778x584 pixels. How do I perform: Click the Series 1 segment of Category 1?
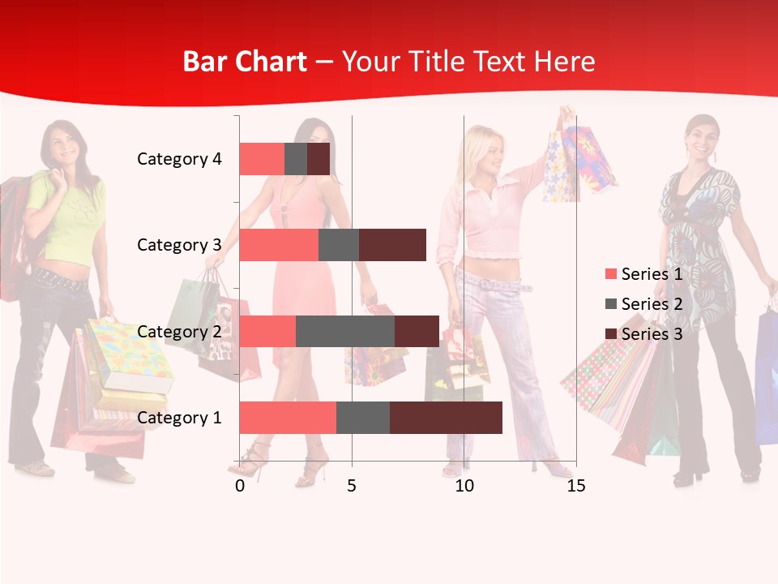pyautogui.click(x=287, y=418)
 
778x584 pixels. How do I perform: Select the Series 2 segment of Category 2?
pyautogui.click(x=345, y=331)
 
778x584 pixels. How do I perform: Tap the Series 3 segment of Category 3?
pyautogui.click(x=392, y=245)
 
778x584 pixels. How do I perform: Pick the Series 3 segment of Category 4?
pyautogui.click(x=318, y=159)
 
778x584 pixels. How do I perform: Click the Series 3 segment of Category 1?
pyautogui.click(x=446, y=418)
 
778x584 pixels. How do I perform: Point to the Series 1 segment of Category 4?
pyautogui.click(x=262, y=159)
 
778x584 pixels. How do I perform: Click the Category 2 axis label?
pyautogui.click(x=179, y=331)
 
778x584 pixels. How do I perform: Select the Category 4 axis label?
pyautogui.click(x=179, y=159)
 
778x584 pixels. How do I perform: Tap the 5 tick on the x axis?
pyautogui.click(x=352, y=486)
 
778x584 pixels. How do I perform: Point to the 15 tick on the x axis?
pyautogui.click(x=576, y=486)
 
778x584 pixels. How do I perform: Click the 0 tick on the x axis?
pyautogui.click(x=240, y=486)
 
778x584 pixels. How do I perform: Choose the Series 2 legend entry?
pyautogui.click(x=643, y=304)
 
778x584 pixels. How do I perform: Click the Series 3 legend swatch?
pyautogui.click(x=610, y=334)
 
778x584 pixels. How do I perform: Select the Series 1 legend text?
pyautogui.click(x=652, y=274)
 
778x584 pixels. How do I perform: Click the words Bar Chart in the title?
pyautogui.click(x=245, y=62)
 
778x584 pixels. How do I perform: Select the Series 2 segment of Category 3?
pyautogui.click(x=339, y=245)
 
